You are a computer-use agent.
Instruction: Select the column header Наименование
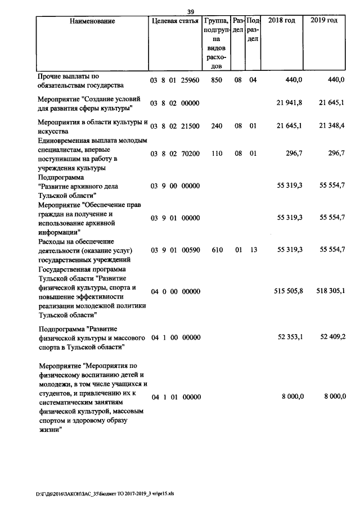(x=93, y=21)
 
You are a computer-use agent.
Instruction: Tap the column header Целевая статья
(x=175, y=21)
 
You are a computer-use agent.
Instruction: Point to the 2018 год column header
(x=282, y=21)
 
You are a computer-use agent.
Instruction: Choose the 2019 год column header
(x=324, y=21)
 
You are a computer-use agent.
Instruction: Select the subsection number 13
(x=253, y=250)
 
